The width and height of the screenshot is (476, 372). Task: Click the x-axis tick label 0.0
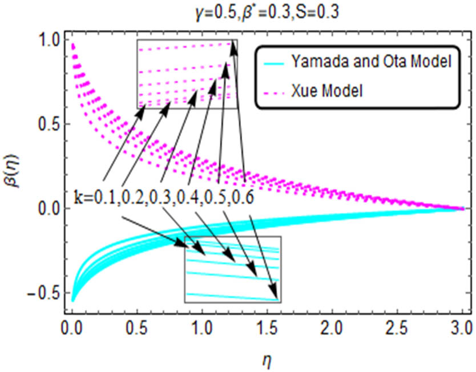pyautogui.click(x=72, y=330)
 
